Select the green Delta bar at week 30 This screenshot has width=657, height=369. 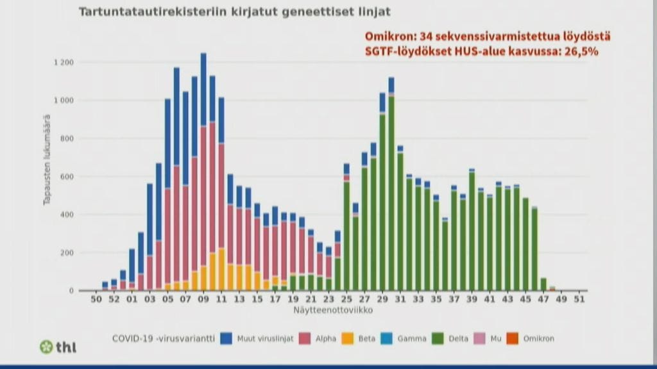pyautogui.click(x=391, y=192)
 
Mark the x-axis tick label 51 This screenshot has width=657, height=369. pyautogui.click(x=579, y=299)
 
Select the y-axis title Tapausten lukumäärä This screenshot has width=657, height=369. pyautogui.click(x=47, y=160)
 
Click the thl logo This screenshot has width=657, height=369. pyautogui.click(x=58, y=347)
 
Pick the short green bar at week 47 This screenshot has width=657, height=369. pyautogui.click(x=543, y=284)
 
